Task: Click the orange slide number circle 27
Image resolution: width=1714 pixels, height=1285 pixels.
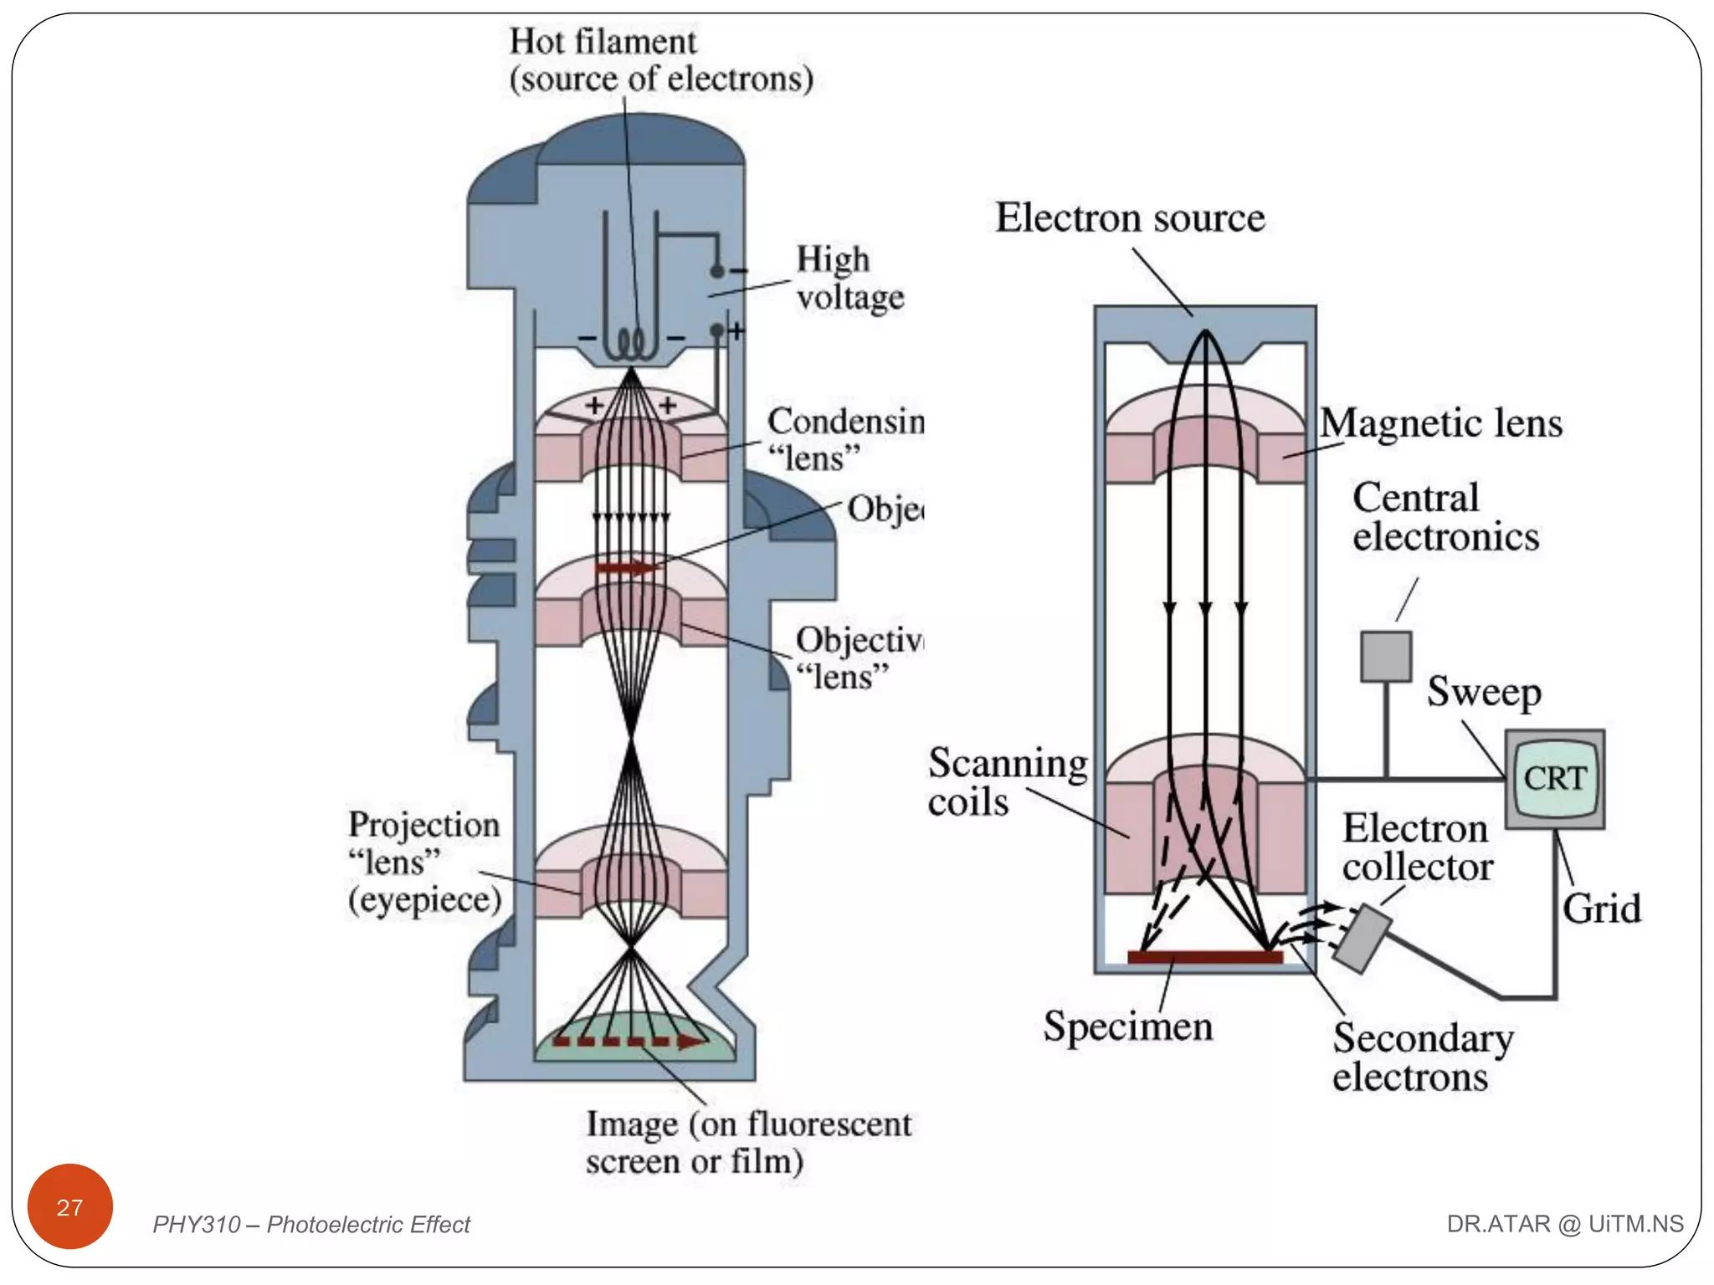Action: click(70, 1206)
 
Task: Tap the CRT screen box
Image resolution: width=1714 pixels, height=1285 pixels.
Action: click(1554, 779)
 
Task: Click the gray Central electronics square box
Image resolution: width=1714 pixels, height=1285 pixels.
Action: click(1386, 657)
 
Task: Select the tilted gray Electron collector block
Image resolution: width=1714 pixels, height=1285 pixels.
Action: click(1362, 939)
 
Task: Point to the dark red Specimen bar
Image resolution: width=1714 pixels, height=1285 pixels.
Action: click(1205, 957)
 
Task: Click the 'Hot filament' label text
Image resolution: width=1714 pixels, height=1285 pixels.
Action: click(603, 42)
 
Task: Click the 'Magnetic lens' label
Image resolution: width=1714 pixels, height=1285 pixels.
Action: click(1441, 423)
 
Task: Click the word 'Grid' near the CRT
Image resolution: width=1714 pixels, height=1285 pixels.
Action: click(1601, 909)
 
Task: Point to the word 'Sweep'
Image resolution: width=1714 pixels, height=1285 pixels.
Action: click(1484, 692)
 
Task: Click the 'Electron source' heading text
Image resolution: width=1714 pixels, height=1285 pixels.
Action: click(1130, 218)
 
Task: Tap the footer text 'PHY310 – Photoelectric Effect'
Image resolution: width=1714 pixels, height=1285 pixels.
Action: click(310, 1225)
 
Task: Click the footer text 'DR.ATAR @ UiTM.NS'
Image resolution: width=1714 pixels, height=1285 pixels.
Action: click(1564, 1224)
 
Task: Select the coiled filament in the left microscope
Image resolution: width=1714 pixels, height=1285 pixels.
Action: click(631, 344)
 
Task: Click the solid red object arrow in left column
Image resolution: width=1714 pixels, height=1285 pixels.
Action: click(627, 568)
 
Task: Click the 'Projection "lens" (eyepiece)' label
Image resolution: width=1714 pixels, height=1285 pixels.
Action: click(424, 862)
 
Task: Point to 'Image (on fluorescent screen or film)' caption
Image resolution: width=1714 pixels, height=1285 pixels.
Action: click(747, 1142)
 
